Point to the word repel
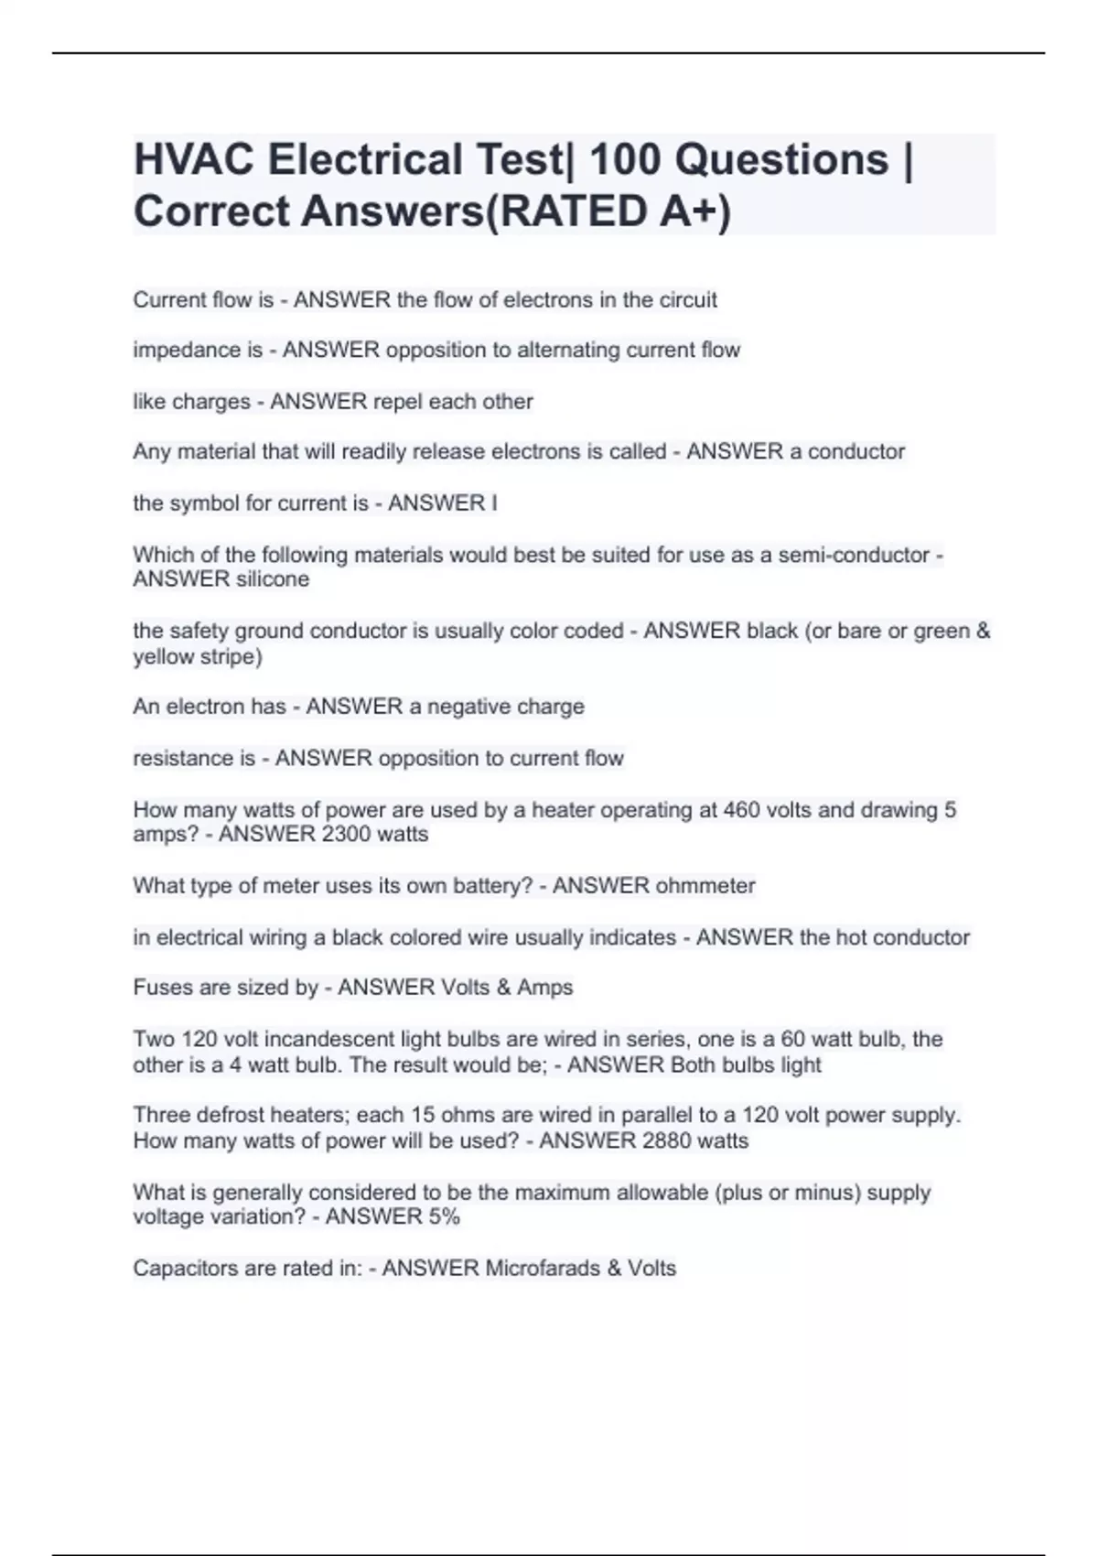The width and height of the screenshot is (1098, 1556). pos(397,402)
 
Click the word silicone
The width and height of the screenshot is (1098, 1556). pos(272,579)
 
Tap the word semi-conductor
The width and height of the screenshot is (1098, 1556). pos(854,555)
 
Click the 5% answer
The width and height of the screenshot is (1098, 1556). pos(443,1217)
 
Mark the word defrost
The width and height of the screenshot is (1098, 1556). pos(222,1116)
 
